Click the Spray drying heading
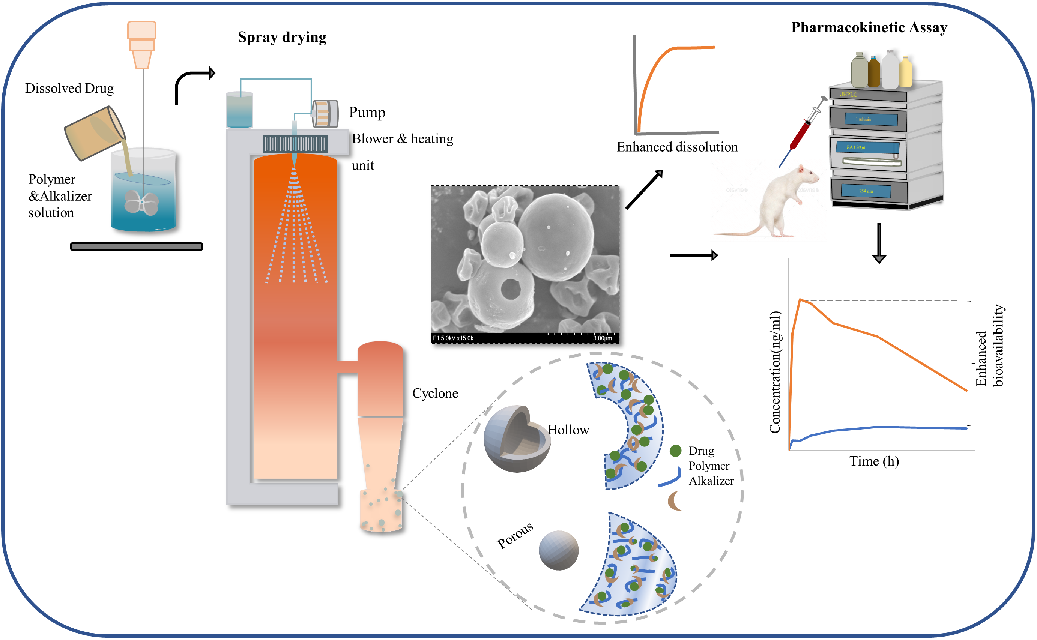click(x=282, y=37)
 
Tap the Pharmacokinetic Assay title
click(x=869, y=27)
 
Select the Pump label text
click(x=367, y=113)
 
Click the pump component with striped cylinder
click(x=325, y=113)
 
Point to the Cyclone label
click(x=435, y=393)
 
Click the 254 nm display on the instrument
click(x=866, y=191)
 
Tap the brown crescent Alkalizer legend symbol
click(x=674, y=501)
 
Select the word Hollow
click(x=568, y=430)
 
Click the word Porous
click(x=514, y=535)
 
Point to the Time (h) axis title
click(x=874, y=461)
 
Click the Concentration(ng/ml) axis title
click(x=775, y=373)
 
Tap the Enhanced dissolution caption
click(x=677, y=147)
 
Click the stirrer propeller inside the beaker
click(x=141, y=202)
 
